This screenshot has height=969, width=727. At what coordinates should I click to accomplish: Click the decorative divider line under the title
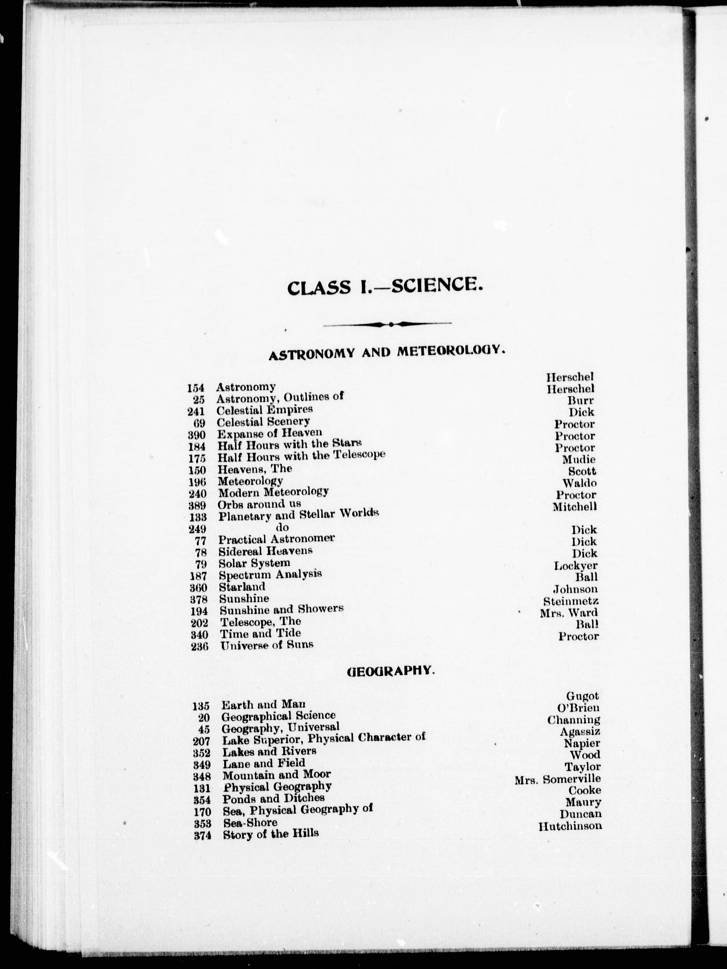(387, 324)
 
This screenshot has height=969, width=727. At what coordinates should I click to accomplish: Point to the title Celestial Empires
(265, 410)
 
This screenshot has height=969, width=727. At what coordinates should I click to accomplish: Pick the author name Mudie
(579, 459)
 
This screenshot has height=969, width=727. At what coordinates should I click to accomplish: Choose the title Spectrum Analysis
(270, 574)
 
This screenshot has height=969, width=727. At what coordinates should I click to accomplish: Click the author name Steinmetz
(571, 601)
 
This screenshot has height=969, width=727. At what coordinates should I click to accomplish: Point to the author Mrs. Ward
(569, 613)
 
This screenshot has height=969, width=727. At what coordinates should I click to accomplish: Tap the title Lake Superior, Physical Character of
(324, 739)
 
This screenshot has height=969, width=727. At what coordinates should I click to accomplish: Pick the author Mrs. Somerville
(558, 779)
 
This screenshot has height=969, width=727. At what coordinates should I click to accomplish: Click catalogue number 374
(202, 836)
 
